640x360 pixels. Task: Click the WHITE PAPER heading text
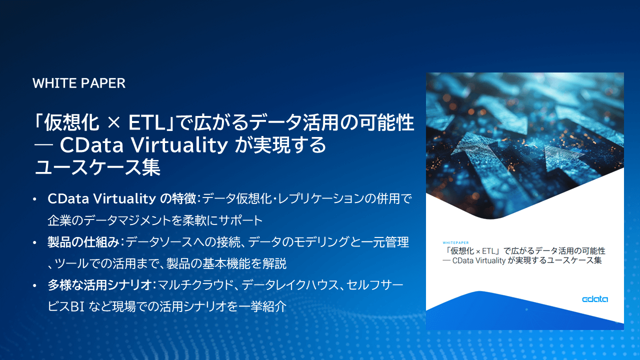coord(79,83)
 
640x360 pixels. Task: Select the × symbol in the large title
coord(113,123)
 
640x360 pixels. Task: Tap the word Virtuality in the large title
coord(179,145)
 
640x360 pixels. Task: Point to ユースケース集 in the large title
coord(97,167)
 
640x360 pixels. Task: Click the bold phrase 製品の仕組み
coord(83,242)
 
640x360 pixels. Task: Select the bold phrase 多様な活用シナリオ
coord(99,285)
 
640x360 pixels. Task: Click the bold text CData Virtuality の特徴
coord(122,198)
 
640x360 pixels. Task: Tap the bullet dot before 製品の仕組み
coord(34,242)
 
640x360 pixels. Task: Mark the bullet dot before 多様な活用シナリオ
coord(34,285)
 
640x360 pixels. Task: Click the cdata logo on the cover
coord(595,299)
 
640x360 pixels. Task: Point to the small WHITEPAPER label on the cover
coord(455,243)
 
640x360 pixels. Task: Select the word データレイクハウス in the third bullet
coord(289,285)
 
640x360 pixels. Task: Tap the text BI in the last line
coord(77,307)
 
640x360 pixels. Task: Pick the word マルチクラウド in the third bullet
coord(195,285)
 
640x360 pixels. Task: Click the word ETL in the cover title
coord(488,251)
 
